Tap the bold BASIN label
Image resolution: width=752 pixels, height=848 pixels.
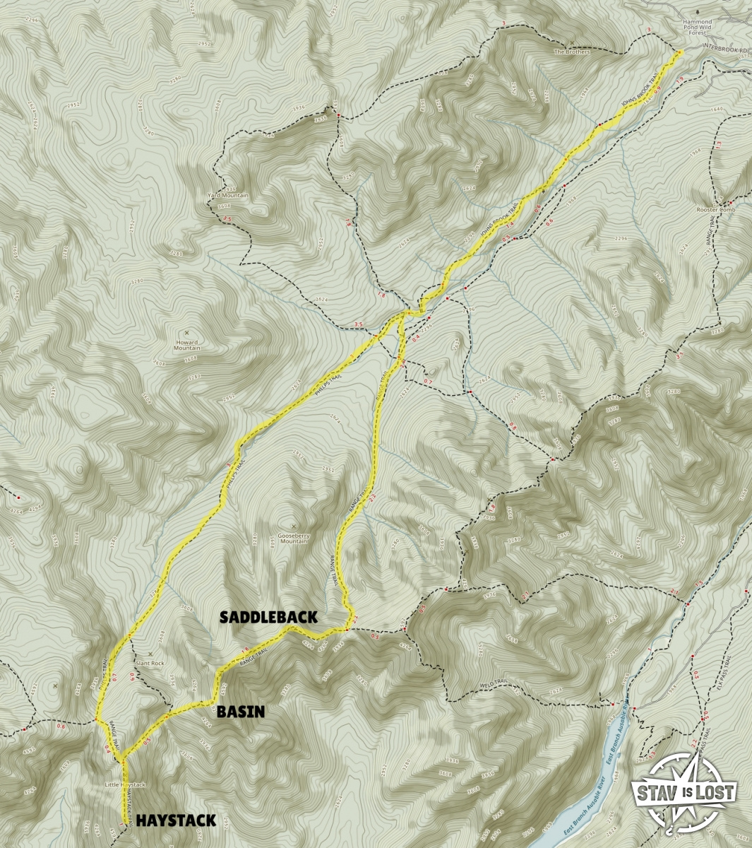coord(241,712)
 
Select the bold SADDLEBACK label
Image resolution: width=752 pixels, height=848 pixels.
coord(268,617)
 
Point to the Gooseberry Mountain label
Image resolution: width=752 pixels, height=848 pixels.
coord(294,536)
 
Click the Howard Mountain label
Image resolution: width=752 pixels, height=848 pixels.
coord(187,344)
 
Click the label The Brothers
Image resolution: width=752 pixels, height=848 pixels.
coord(571,52)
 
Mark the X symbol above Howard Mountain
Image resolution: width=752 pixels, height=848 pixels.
coord(186,333)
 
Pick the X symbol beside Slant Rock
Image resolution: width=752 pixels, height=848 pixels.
coord(150,654)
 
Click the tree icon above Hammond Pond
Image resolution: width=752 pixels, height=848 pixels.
coord(698,11)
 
